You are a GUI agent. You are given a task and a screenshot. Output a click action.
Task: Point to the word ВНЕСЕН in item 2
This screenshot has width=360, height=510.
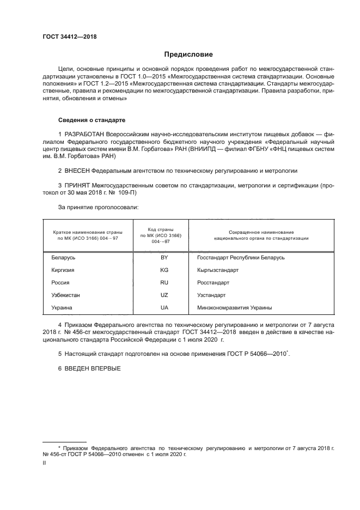80,171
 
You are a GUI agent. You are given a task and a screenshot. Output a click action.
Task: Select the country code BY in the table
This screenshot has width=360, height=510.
164,257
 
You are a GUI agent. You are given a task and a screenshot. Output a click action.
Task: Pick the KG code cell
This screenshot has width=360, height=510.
164,270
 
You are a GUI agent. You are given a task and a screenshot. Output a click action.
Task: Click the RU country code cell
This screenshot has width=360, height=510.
164,283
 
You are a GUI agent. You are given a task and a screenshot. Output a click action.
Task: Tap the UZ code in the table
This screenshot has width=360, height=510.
164,295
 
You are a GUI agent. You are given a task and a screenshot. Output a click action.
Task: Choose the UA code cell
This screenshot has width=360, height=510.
164,308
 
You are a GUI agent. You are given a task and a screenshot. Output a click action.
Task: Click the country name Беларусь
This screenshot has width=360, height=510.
64,257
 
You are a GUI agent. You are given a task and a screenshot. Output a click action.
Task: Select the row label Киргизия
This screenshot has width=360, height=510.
63,270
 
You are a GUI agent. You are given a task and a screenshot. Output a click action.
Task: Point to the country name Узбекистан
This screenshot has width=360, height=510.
66,295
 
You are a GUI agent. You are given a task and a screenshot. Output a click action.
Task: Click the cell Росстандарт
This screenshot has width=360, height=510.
213,283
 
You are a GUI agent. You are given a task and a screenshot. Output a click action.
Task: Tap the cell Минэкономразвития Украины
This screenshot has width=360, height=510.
234,308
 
